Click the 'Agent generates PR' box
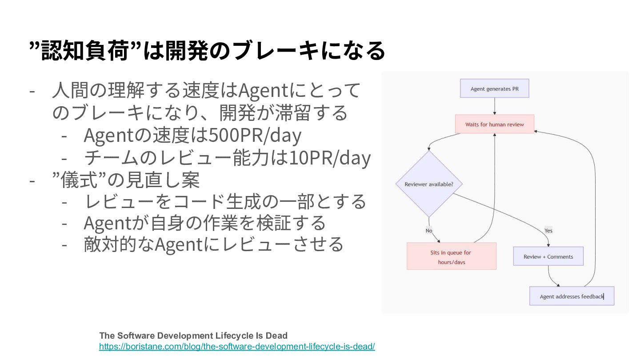coord(494,88)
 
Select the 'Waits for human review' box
coord(495,124)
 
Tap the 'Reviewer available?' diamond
coord(429,184)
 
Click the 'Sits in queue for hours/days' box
coord(452,256)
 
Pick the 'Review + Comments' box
coord(548,256)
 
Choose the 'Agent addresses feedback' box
coord(572,296)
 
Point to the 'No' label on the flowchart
coord(429,231)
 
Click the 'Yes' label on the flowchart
coord(548,231)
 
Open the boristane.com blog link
coord(237,347)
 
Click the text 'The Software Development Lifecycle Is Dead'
coord(193,336)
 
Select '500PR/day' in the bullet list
coord(255,135)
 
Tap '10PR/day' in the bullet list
coord(330,158)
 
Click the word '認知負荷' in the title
coord(85,51)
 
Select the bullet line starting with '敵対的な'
coord(213,244)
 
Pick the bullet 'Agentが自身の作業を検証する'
coord(204,223)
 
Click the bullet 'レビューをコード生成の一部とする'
coord(225,201)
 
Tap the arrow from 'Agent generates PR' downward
coord(495,106)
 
